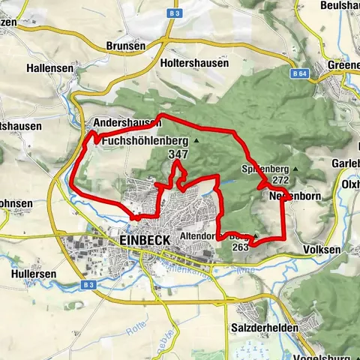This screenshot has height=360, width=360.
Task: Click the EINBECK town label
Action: tap(145, 240)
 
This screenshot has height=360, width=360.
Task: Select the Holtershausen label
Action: tap(194, 64)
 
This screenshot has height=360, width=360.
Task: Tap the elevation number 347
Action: tap(178, 154)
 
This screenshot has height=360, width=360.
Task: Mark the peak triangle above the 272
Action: tap(295, 169)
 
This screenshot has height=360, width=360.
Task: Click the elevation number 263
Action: tap(241, 247)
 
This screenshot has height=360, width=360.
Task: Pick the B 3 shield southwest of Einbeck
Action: tap(88, 285)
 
